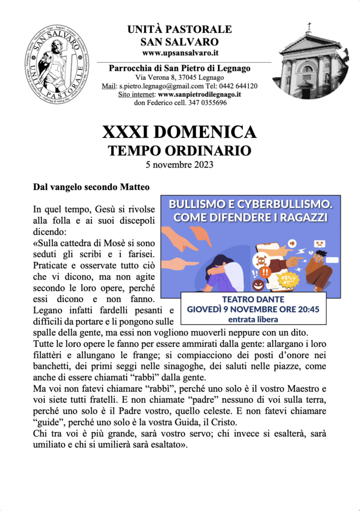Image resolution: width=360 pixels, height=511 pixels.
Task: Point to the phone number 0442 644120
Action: point(240,86)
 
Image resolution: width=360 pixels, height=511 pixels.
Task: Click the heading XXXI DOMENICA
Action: point(180,132)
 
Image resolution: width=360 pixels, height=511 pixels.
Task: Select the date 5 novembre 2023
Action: point(180,164)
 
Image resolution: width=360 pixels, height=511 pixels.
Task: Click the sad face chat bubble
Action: point(319,245)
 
